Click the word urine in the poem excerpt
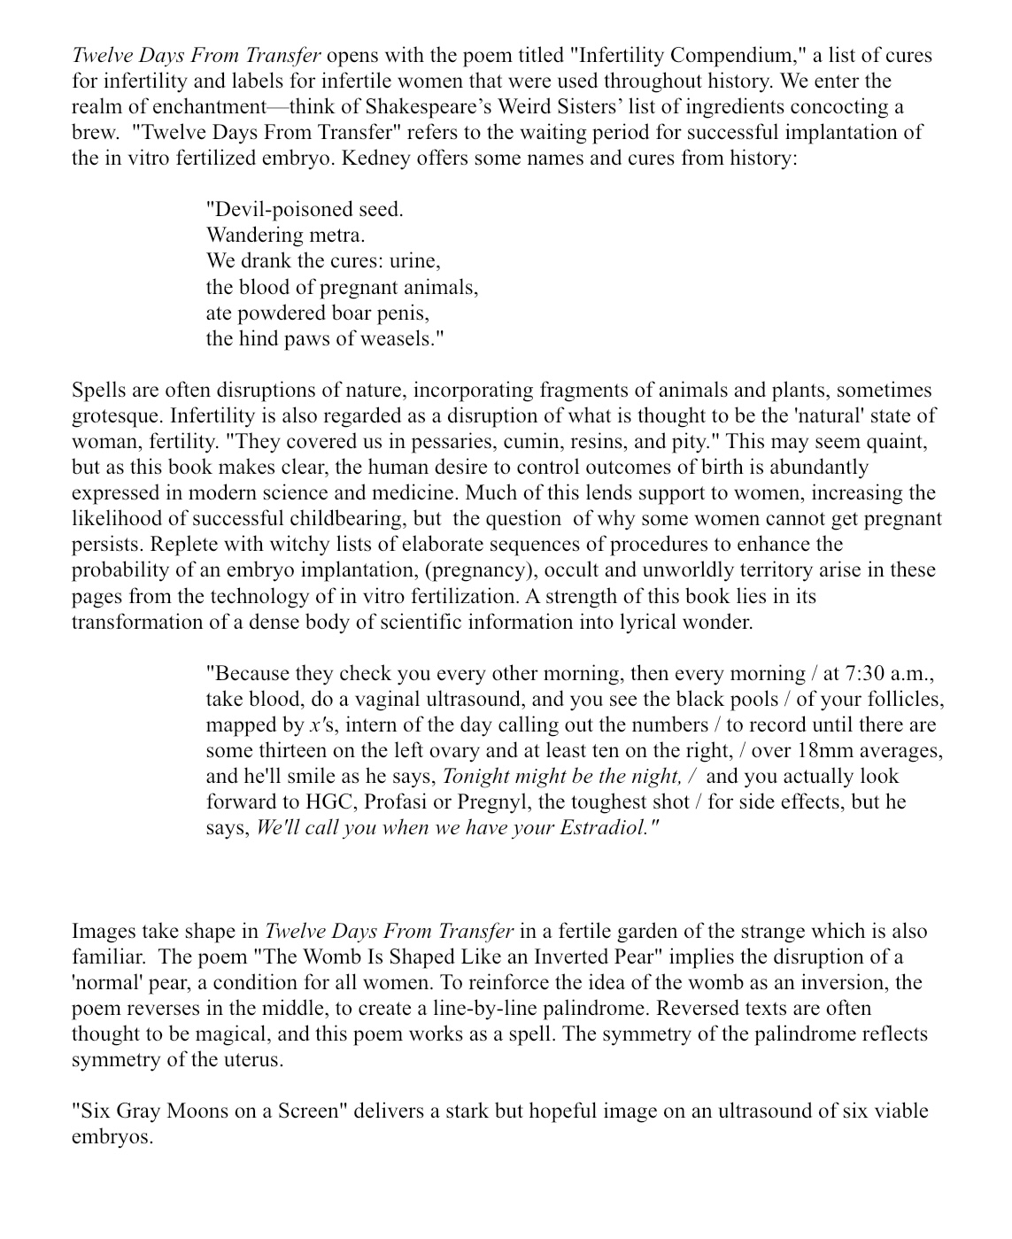(x=414, y=261)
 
